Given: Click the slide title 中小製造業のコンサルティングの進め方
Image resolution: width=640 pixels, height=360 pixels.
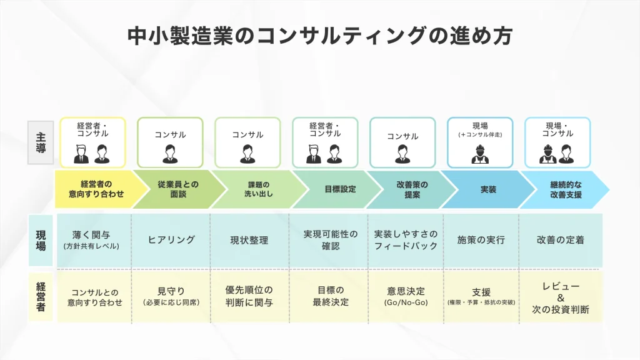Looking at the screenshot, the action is coord(319,35).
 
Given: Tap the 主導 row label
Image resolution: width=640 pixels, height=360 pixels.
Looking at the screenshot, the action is coord(41,142).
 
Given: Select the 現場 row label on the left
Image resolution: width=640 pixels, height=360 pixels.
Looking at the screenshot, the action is coord(41,240).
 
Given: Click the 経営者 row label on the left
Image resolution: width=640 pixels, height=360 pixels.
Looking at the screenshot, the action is coord(41,296).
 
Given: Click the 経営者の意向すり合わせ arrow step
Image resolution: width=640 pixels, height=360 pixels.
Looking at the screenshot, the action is coord(96,189).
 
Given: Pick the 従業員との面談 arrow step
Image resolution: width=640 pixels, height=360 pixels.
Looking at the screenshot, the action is coord(176,189).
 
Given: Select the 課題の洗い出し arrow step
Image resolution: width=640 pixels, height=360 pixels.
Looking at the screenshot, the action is coord(254,189).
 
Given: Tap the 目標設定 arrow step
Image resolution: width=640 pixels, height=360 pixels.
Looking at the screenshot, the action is coord(331,189).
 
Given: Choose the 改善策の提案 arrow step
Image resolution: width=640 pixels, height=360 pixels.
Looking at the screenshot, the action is coord(409,189).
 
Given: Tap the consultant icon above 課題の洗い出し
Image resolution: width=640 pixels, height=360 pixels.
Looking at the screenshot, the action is coord(248,153).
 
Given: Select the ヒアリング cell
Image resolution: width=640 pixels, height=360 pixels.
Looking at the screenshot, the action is coord(171,240).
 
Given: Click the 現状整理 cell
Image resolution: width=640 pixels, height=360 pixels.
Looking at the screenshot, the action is coord(249,240).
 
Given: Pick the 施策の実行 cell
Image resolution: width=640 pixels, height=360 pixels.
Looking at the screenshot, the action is coord(481,240).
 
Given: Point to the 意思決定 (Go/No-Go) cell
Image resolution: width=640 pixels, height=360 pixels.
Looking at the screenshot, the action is coord(406,296).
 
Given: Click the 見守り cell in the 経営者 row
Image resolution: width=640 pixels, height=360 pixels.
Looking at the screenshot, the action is coord(171,296).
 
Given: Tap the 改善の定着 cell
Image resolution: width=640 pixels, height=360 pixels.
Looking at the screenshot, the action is coord(560,240).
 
